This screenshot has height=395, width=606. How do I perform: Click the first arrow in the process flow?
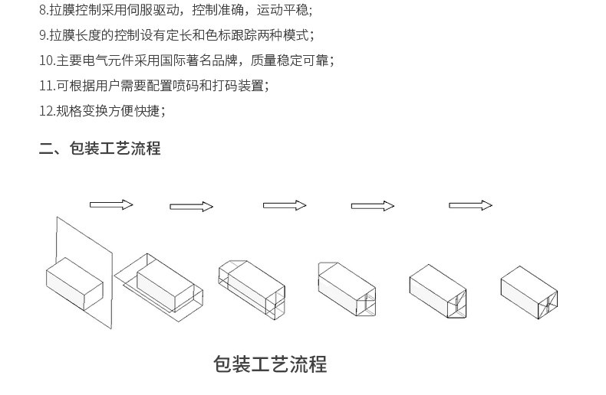point(111,204)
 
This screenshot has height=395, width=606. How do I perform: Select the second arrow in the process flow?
point(191,207)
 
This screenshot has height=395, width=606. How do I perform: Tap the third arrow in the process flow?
point(285,205)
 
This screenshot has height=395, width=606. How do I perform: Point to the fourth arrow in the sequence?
point(373,206)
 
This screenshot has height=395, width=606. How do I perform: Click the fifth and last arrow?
point(470,205)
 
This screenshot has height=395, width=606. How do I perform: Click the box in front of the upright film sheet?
point(74,283)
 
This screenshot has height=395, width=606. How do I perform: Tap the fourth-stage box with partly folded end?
point(347,289)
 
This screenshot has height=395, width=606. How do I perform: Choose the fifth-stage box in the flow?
point(438,291)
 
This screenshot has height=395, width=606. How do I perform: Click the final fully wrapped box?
point(529,292)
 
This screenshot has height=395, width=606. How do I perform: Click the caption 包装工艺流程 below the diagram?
point(270,364)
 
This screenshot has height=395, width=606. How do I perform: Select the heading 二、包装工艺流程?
point(100,149)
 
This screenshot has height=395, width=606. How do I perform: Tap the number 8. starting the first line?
point(44,10)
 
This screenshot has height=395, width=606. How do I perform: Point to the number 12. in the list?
point(48,111)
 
